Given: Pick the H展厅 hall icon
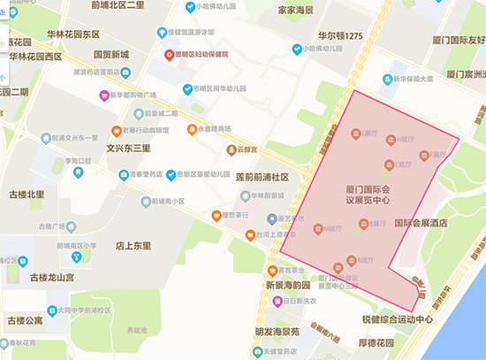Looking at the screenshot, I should point(395,139).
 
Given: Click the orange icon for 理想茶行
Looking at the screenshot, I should point(214,216).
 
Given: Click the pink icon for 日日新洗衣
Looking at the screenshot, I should point(277,301).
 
